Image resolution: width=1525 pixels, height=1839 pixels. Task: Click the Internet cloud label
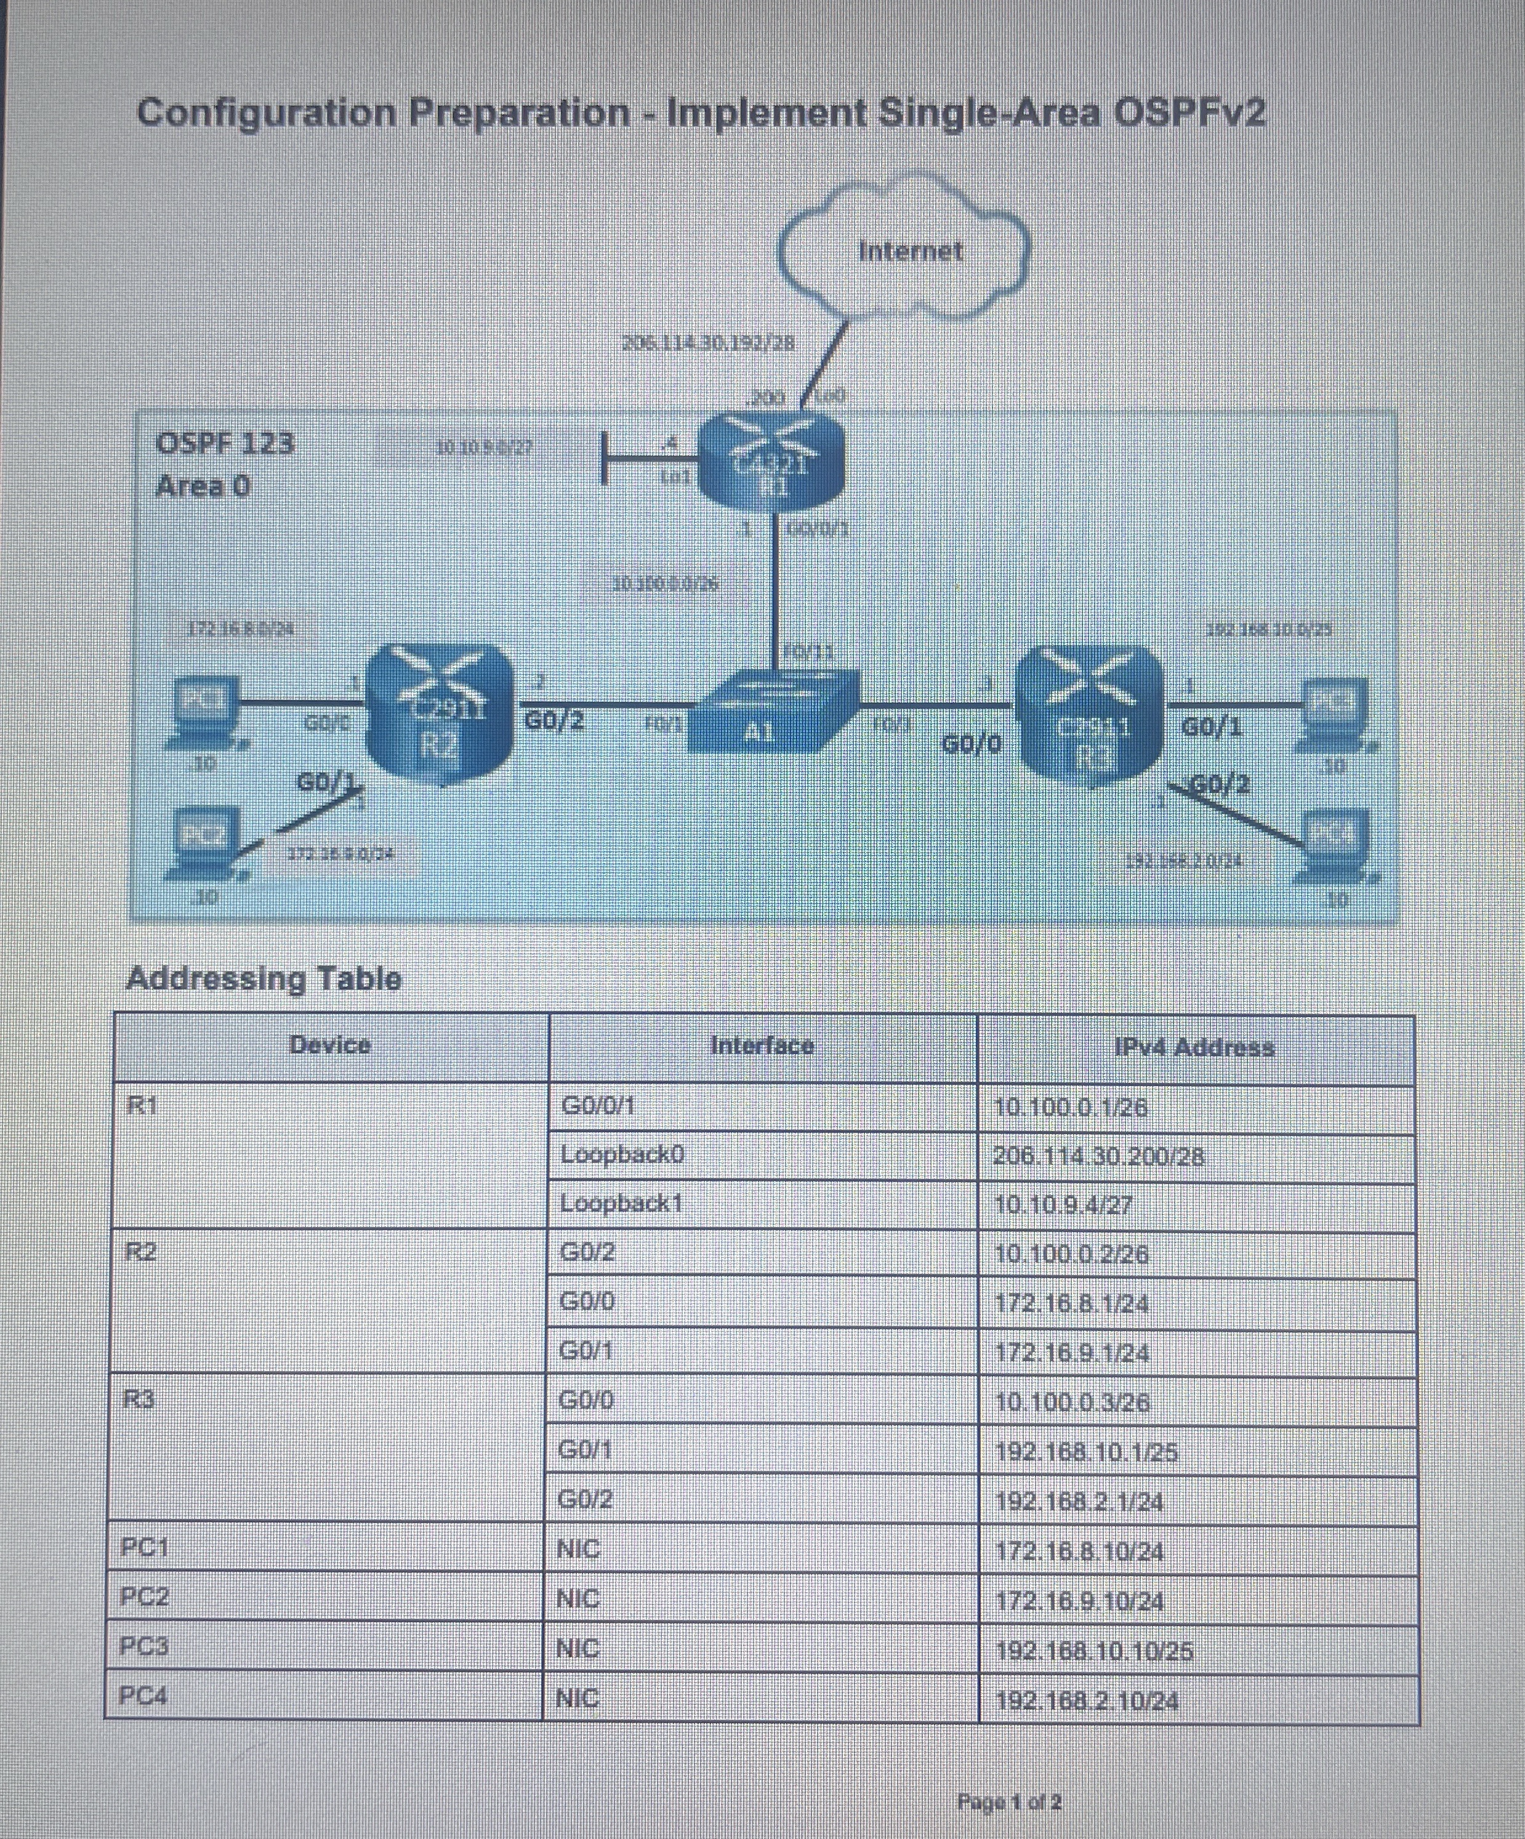tap(909, 251)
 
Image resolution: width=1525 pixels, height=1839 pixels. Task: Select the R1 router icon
tap(771, 464)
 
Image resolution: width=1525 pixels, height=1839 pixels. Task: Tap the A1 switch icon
tap(771, 714)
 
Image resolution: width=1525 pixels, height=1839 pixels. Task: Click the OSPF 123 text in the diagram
tap(225, 443)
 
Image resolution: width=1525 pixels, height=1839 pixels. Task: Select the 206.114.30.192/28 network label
tap(708, 344)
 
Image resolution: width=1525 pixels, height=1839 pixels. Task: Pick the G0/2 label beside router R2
tap(553, 722)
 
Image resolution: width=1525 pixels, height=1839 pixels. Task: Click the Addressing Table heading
tap(264, 978)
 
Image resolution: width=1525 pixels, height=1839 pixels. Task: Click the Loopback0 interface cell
tap(622, 1155)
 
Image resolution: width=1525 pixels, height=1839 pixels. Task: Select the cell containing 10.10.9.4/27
tap(1063, 1205)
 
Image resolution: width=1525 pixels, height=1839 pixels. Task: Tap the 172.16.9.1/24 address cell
tap(1072, 1353)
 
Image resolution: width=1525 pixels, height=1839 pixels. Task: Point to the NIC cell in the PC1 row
tap(578, 1549)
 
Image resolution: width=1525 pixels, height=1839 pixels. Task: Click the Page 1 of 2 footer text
tap(1009, 1802)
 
